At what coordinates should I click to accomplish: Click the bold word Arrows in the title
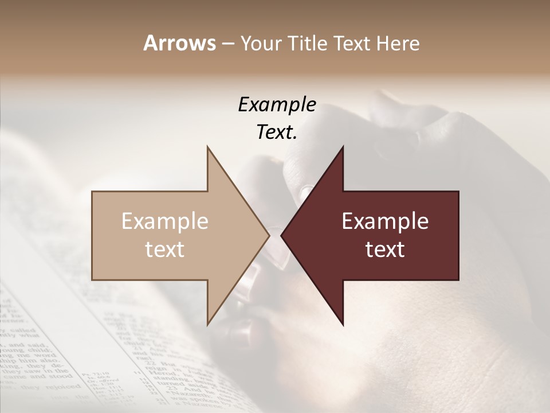179,43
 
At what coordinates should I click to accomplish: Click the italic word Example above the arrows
277,105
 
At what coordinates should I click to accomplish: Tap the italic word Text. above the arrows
277,133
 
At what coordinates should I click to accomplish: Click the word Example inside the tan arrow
165,221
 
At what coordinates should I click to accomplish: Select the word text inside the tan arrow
165,250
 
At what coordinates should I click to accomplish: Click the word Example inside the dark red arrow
385,221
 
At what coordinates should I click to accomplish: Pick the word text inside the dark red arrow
385,250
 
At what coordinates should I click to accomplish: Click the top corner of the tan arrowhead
207,147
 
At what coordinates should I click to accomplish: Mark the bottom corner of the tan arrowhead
207,325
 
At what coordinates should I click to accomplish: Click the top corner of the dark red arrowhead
343,147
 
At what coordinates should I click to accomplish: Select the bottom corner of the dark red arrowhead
343,325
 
